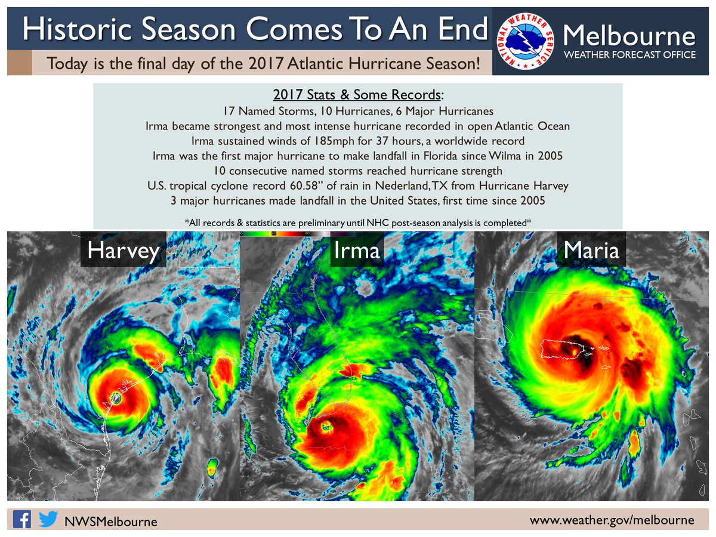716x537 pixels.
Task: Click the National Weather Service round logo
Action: [525, 41]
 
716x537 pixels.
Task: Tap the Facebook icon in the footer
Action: [22, 519]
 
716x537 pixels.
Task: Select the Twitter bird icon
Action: [48, 519]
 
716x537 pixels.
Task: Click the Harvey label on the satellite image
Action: [124, 251]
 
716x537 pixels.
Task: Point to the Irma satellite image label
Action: [357, 251]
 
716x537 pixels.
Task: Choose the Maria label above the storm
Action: [591, 251]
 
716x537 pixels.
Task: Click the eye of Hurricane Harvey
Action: [116, 398]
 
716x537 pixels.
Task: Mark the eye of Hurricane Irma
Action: [326, 425]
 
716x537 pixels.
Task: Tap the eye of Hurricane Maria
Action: [575, 353]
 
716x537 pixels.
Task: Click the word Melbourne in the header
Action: [629, 36]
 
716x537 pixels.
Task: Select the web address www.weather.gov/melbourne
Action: [612, 520]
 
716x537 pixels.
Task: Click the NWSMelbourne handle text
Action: [111, 521]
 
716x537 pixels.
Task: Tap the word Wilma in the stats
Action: [505, 156]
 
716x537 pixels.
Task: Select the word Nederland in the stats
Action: [402, 186]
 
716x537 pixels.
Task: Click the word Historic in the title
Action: [77, 29]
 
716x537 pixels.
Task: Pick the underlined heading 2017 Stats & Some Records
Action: [357, 94]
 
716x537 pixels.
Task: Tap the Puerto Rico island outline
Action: [566, 348]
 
